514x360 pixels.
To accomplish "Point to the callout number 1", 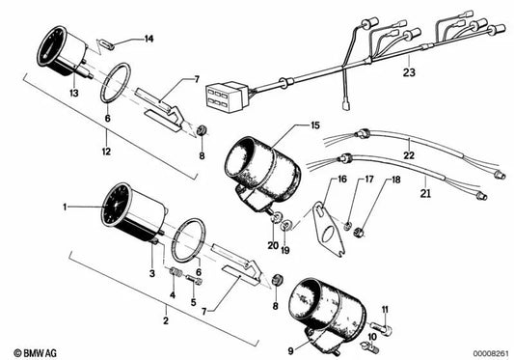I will click(66, 207).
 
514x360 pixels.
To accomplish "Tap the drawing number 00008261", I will click(484, 353).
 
